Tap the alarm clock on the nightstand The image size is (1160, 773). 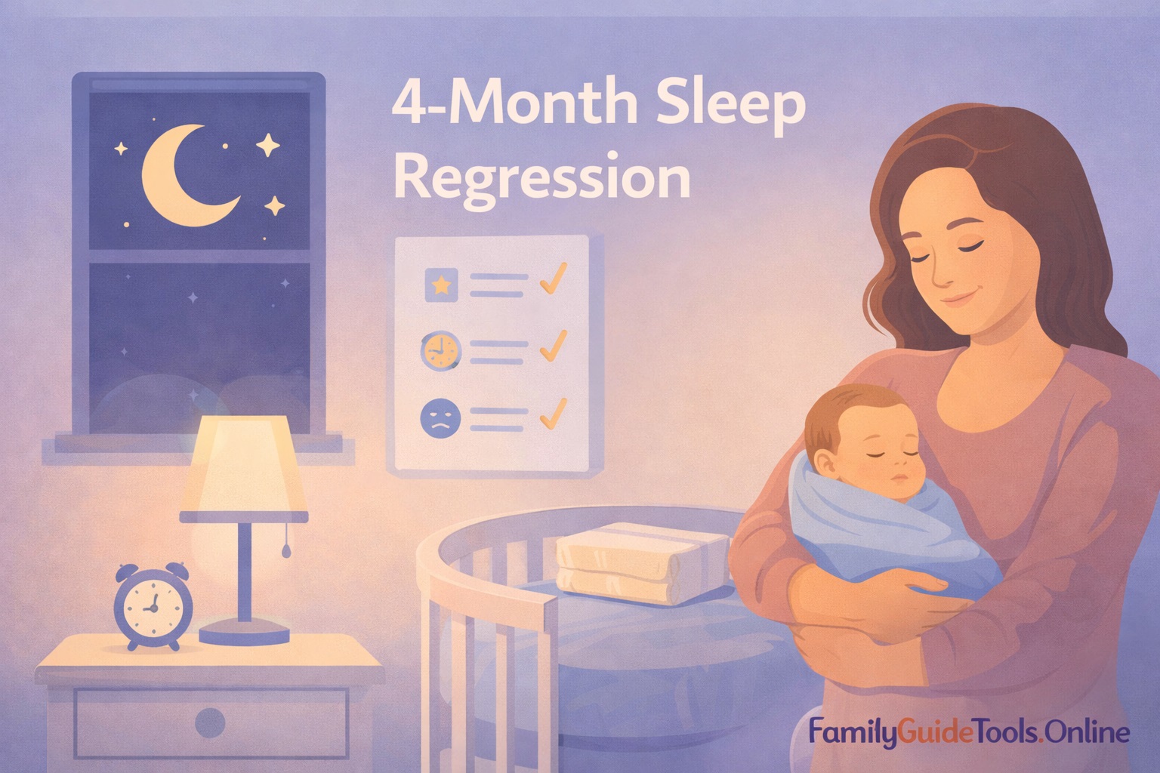[153, 605]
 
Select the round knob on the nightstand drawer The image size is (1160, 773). [209, 722]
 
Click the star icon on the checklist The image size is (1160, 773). [442, 285]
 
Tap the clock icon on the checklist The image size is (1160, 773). [440, 351]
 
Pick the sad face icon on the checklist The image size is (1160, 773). [440, 418]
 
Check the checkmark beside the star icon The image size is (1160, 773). [554, 279]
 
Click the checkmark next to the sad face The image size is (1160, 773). [554, 413]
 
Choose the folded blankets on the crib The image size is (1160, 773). [642, 562]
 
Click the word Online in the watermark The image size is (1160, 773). [1089, 731]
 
